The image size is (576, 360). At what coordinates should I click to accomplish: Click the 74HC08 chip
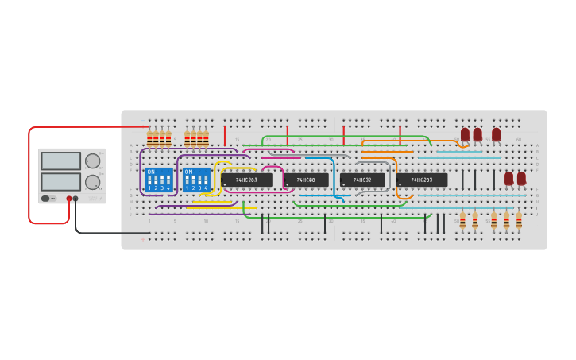click(306, 180)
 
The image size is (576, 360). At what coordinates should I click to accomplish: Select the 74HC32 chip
click(362, 180)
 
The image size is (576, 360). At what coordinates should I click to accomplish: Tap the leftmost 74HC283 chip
click(246, 180)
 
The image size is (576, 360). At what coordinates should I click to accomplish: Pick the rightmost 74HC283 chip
click(421, 180)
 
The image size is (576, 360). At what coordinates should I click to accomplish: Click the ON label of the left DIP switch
click(151, 172)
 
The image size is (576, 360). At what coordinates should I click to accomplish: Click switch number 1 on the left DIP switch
click(149, 182)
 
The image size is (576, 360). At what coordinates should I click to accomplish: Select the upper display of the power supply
click(60, 161)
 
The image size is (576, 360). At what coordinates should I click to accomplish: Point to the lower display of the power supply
click(60, 181)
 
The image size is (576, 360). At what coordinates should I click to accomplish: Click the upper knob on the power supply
click(93, 161)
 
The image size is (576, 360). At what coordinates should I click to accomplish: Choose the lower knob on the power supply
click(93, 182)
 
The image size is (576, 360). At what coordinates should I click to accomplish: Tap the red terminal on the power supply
click(69, 199)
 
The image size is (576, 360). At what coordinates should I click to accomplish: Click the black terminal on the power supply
click(75, 199)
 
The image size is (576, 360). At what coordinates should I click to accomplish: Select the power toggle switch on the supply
click(47, 198)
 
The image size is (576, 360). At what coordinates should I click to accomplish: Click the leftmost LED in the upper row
click(466, 135)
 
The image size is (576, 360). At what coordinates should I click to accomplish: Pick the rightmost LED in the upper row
click(497, 135)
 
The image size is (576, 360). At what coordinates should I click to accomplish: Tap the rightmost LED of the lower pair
click(521, 179)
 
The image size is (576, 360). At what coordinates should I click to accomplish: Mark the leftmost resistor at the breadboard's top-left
click(149, 139)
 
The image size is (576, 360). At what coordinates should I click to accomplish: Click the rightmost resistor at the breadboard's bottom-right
click(519, 220)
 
